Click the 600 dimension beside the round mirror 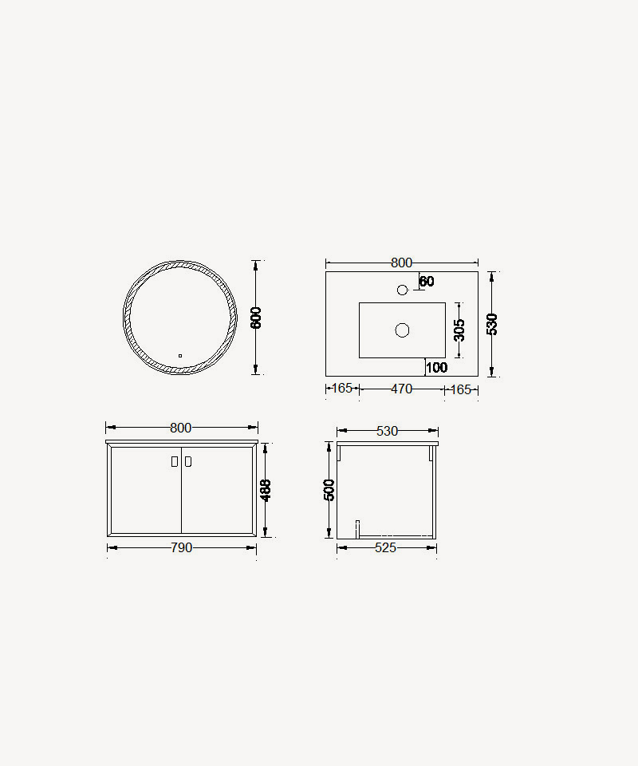pos(256,318)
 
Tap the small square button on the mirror pos(180,356)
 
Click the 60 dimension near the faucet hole pos(427,282)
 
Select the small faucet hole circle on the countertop pos(402,290)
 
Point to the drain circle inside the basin pos(402,330)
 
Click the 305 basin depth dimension pos(459,330)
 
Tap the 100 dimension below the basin pos(436,367)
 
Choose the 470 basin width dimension pos(402,389)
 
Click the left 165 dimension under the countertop pos(341,389)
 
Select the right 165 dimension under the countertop pos(461,389)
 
